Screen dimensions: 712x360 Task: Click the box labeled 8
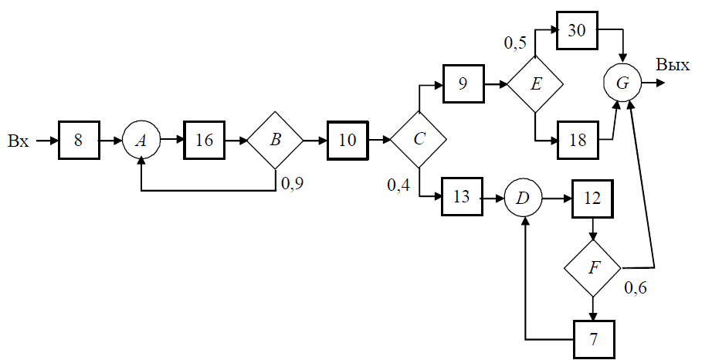[79, 140]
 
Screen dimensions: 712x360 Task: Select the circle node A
[141, 141]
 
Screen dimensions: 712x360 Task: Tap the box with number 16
[205, 140]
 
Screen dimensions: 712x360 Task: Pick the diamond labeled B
[275, 140]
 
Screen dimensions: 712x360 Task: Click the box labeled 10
[348, 140]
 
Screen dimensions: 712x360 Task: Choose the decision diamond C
[419, 139]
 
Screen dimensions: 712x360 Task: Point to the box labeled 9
[463, 83]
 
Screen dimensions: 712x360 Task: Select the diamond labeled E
[535, 84]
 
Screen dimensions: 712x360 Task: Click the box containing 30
[577, 30]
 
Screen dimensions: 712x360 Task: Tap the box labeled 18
[578, 140]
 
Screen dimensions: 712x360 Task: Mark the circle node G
[622, 83]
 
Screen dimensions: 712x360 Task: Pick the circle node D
[523, 198]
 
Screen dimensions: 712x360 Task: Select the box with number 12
[592, 199]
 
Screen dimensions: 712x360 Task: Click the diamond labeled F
[592, 268]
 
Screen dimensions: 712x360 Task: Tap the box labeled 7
[594, 340]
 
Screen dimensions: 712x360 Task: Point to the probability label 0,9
[293, 183]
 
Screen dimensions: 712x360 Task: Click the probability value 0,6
[636, 288]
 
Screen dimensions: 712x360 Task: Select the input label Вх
[19, 141]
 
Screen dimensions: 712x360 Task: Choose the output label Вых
[673, 65]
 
